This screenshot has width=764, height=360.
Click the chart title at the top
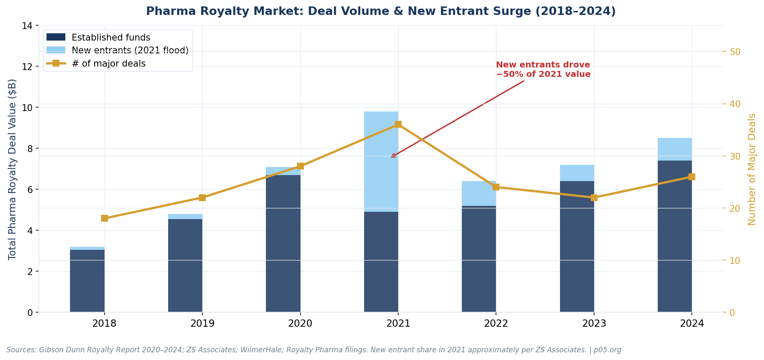click(x=381, y=12)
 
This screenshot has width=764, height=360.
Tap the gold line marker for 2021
click(x=398, y=124)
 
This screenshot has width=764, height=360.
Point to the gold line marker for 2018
click(x=105, y=218)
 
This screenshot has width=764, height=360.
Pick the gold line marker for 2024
click(x=691, y=177)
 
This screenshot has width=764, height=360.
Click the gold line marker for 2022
click(x=496, y=187)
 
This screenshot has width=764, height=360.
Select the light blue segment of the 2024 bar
click(x=674, y=149)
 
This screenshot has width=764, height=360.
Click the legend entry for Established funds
click(x=111, y=38)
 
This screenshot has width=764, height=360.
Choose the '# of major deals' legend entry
click(x=108, y=64)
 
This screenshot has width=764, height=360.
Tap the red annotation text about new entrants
click(x=543, y=70)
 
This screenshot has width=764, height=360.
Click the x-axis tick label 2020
click(x=300, y=324)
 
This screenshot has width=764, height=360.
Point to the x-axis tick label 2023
click(x=594, y=324)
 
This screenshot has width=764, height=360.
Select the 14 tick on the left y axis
click(x=27, y=26)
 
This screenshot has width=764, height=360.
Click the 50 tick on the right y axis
click(x=735, y=52)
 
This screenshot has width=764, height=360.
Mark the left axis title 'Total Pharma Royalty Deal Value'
click(x=12, y=169)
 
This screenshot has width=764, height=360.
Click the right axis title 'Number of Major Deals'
click(x=752, y=169)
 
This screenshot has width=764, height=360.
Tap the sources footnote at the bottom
click(x=314, y=350)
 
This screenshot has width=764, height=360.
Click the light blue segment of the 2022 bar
click(x=479, y=193)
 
